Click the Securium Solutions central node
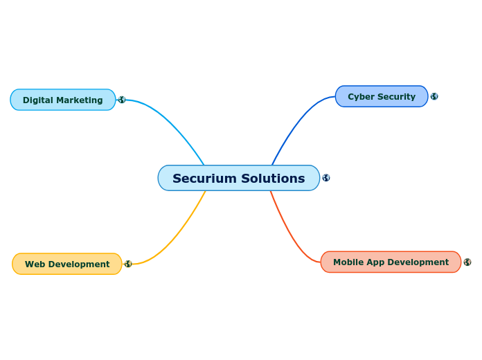point(238,178)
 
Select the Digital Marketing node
point(62,100)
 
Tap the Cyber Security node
point(381,96)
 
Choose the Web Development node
point(66,264)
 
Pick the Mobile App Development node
point(391,262)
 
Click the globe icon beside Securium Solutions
point(326,178)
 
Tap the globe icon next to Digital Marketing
point(122,100)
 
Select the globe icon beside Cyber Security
point(434,96)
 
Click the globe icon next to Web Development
point(128,264)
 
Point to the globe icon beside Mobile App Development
point(467,262)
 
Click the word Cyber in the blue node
point(360,97)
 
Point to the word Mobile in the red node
point(348,262)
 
